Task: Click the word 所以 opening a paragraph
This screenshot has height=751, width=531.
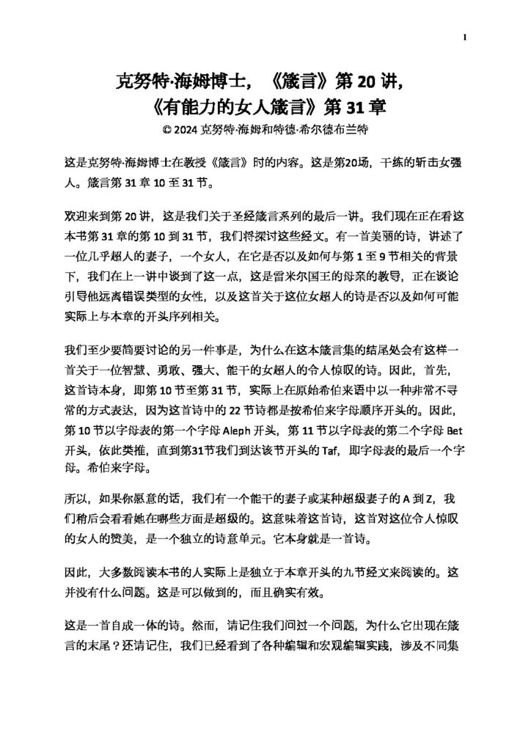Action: pyautogui.click(x=76, y=499)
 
